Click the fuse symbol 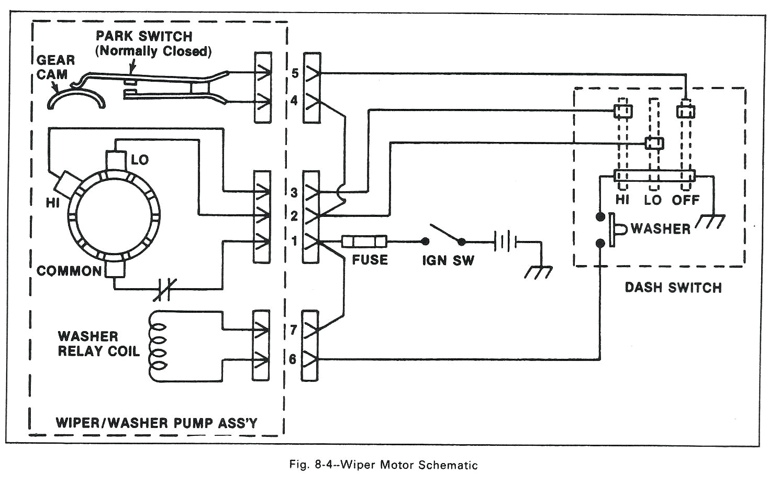coord(364,241)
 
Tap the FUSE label coord(370,260)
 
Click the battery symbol coord(505,241)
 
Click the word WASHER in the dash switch coord(660,229)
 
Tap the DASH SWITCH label coord(673,288)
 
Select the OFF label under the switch coord(685,200)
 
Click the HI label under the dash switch coord(622,200)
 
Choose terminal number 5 coord(295,73)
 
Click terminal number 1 coord(294,241)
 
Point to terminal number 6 coord(293,359)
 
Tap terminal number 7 coord(293,330)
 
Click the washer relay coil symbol coord(158,346)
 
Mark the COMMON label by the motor coord(69,271)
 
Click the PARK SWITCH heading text coord(144,37)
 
